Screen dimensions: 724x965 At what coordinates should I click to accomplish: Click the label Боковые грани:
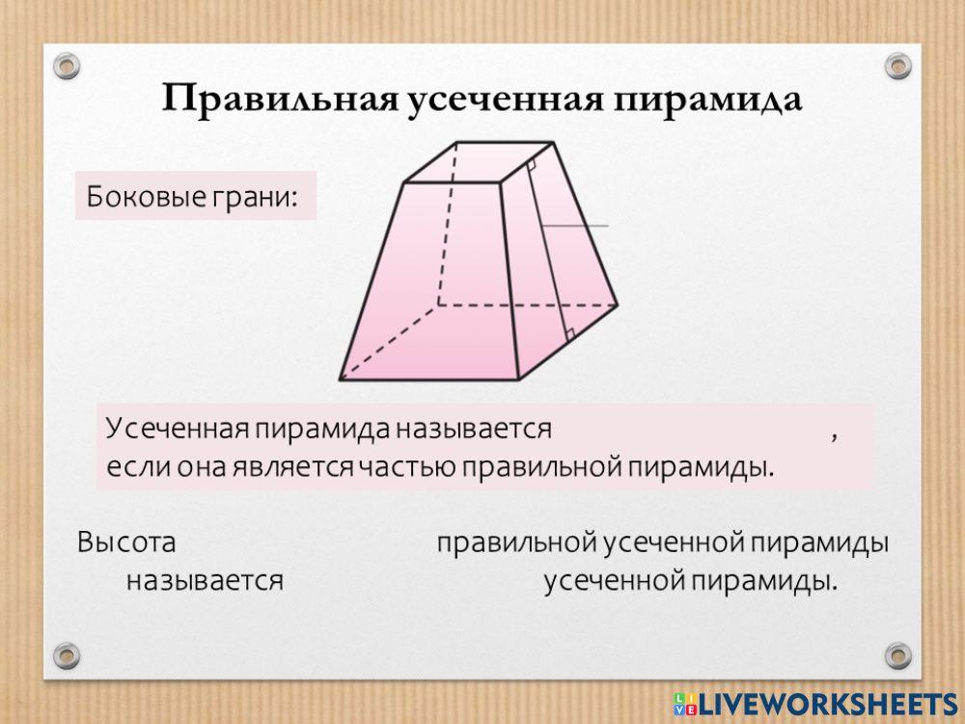point(190,197)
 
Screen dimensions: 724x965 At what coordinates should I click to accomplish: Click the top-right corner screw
point(897,67)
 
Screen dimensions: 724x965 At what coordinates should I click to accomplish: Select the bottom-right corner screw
point(897,654)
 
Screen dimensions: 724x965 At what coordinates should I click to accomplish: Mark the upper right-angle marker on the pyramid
point(530,166)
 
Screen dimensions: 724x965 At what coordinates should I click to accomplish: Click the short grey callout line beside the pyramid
point(576,226)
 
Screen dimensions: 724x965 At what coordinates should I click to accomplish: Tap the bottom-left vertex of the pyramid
point(341,378)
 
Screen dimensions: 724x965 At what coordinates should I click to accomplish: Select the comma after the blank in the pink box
point(834,436)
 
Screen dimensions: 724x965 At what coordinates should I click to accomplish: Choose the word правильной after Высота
point(516,543)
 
